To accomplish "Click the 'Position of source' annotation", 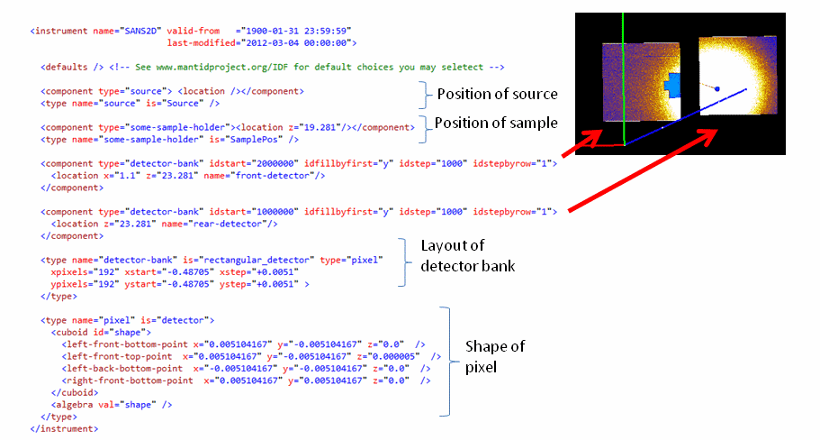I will [497, 94].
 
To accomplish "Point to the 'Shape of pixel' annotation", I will [494, 355].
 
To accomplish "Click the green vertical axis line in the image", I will [623, 72].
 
